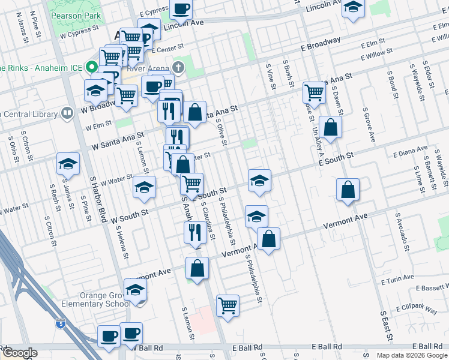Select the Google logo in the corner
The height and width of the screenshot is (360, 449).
point(19,352)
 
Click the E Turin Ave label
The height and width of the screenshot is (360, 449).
point(397,279)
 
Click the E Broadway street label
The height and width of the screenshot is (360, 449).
point(322,44)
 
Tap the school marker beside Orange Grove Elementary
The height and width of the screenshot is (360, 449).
point(136,290)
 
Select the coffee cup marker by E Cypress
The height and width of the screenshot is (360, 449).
point(181,9)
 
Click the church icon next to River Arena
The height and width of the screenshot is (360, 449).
point(178,66)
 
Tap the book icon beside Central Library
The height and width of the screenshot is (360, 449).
point(68,113)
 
